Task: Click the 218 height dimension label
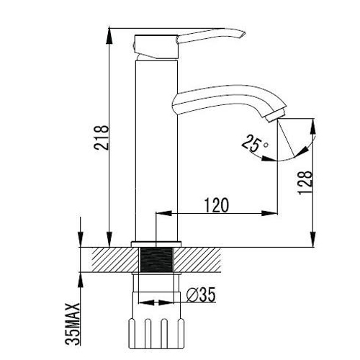[102, 138]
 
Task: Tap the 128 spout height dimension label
[305, 183]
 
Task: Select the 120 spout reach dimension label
[217, 205]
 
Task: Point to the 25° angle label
[254, 143]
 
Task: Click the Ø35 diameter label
[201, 294]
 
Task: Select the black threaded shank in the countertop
[156, 260]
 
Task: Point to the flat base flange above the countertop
[156, 244]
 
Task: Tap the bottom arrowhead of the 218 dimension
[109, 239]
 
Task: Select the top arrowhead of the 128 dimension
[312, 126]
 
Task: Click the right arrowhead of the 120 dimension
[269, 213]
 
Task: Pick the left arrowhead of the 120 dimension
[164, 213]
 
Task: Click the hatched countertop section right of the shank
[197, 260]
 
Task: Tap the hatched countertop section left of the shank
[116, 260]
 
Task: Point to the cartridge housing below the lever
[156, 47]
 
